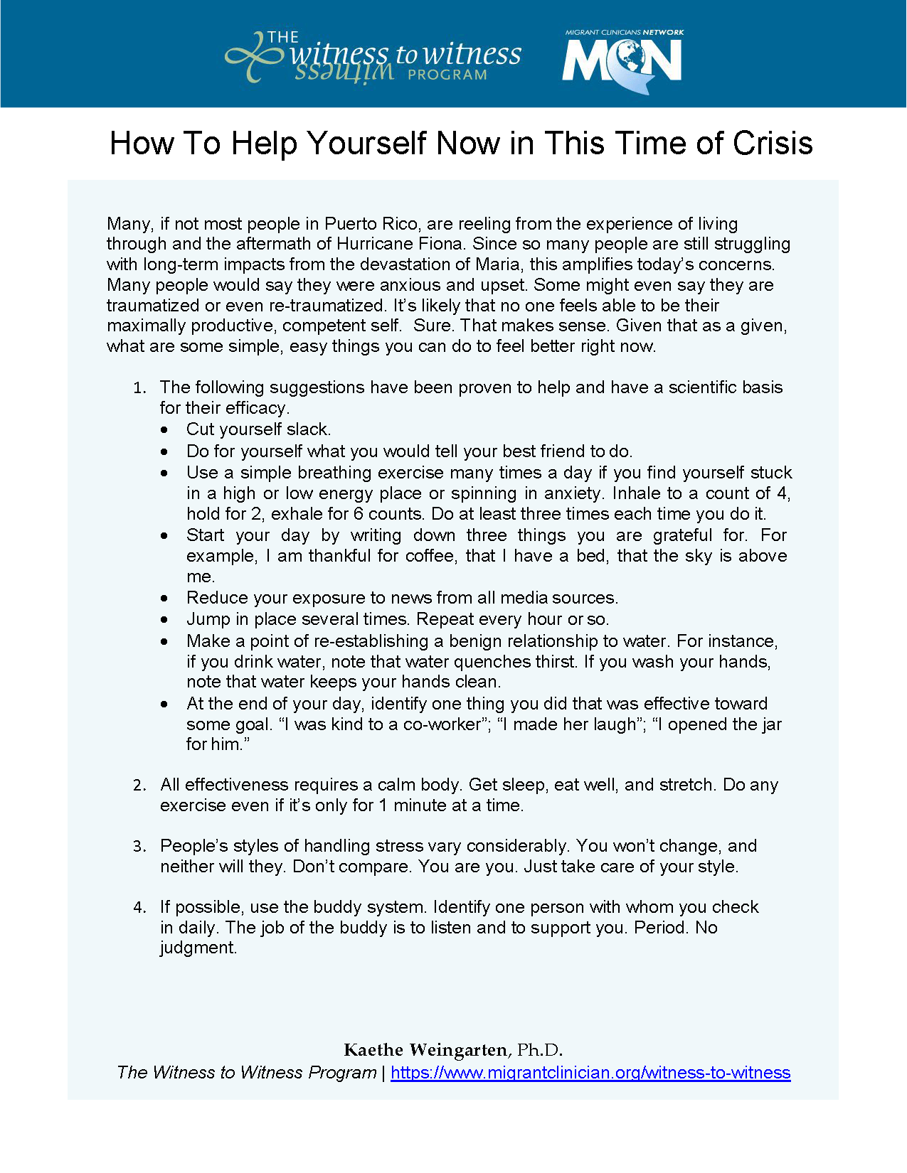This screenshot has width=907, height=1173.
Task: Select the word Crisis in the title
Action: pos(773,144)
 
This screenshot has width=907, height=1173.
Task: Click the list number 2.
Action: pos(139,786)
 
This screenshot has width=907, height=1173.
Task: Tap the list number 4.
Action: pos(139,908)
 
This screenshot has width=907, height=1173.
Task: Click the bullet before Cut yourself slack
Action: pos(165,430)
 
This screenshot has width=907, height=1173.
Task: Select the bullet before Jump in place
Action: pos(165,620)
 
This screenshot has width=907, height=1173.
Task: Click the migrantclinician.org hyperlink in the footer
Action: pos(590,1073)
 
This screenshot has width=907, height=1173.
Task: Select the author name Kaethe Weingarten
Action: pos(425,1050)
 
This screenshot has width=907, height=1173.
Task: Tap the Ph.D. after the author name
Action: pos(539,1050)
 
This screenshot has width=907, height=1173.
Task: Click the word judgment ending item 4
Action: pos(198,948)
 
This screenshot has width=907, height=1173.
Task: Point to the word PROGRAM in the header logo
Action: pos(447,75)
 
